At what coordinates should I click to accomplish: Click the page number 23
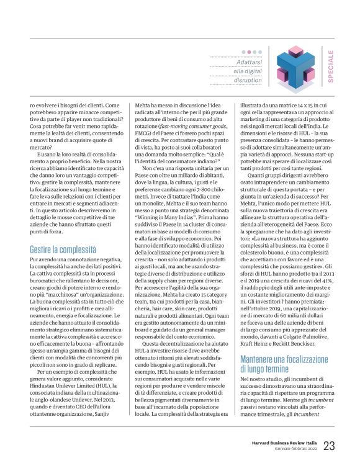pyautogui.click(x=328, y=445)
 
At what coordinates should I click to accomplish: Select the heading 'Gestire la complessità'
pyautogui.click(x=63, y=251)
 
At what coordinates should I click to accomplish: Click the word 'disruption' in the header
pyautogui.click(x=248, y=80)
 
